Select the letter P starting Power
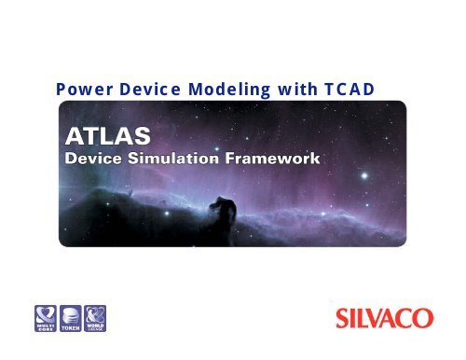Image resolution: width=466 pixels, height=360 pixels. click(62, 90)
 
